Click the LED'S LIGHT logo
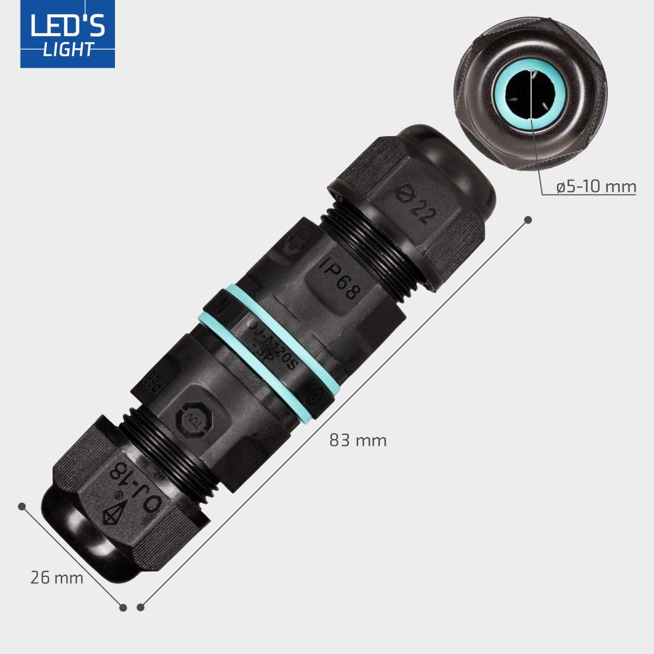point(68,34)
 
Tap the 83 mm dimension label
point(358,440)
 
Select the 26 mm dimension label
point(57,578)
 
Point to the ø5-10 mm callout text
point(596,187)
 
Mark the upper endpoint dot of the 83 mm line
point(528,220)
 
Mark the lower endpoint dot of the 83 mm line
point(141,607)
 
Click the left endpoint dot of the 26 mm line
point(22,506)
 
